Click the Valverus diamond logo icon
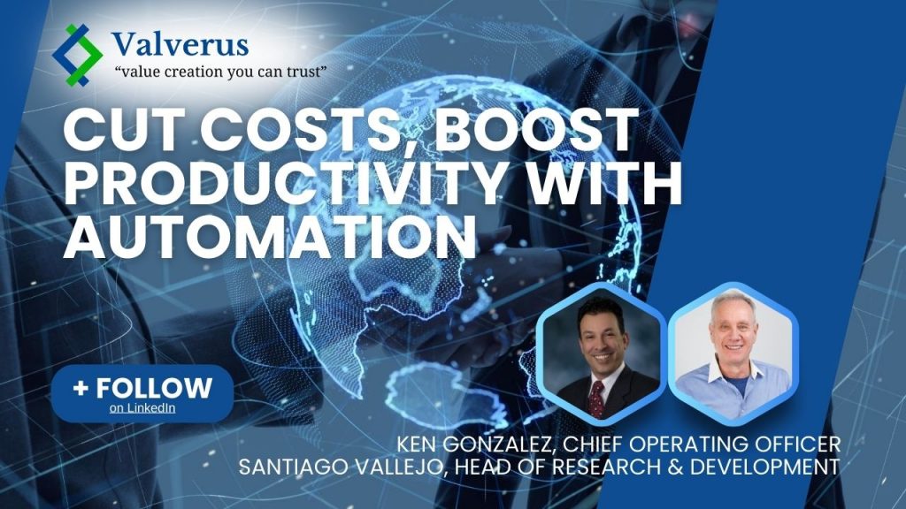pos(78,54)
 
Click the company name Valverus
pos(180,42)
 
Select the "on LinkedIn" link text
pos(142,407)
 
